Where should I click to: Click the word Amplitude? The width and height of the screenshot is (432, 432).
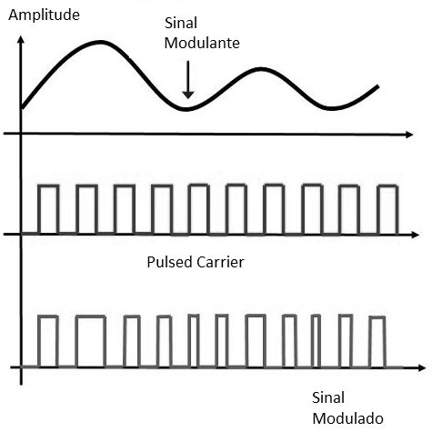coord(44,15)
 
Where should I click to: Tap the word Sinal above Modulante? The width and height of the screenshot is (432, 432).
coord(181,23)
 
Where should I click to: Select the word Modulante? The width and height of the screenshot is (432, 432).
coord(202,43)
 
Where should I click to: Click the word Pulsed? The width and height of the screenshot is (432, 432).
coord(170,262)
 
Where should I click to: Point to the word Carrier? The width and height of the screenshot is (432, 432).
coord(220,262)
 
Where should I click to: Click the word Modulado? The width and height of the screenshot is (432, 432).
coord(347,418)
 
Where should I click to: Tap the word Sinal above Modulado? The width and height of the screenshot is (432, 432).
coord(328,397)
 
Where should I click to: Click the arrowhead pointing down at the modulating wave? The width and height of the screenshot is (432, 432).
coord(188,95)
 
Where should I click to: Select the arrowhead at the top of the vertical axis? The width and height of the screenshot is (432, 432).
coord(21,40)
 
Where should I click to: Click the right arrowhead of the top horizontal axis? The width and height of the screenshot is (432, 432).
coord(409,135)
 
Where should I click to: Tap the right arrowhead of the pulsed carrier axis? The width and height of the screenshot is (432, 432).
coord(415,235)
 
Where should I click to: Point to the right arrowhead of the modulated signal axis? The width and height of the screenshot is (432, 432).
coord(421,368)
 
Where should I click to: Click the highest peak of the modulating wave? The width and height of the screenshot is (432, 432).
coord(100,43)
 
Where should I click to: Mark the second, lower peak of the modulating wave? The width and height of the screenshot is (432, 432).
coord(261,69)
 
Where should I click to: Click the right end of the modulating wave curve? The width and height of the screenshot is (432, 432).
coord(377,86)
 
